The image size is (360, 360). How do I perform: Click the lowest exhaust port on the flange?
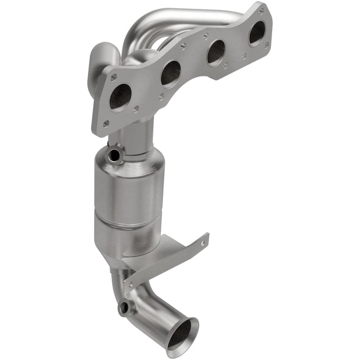coord(120,97)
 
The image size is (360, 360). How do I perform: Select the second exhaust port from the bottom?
coord(170,73)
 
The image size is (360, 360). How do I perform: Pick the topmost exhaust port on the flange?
coord(257,33)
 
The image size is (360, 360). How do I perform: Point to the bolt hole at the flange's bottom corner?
coord(105,123)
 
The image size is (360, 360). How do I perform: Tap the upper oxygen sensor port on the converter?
coord(114,153)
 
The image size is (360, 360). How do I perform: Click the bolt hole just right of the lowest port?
coord(136,109)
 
